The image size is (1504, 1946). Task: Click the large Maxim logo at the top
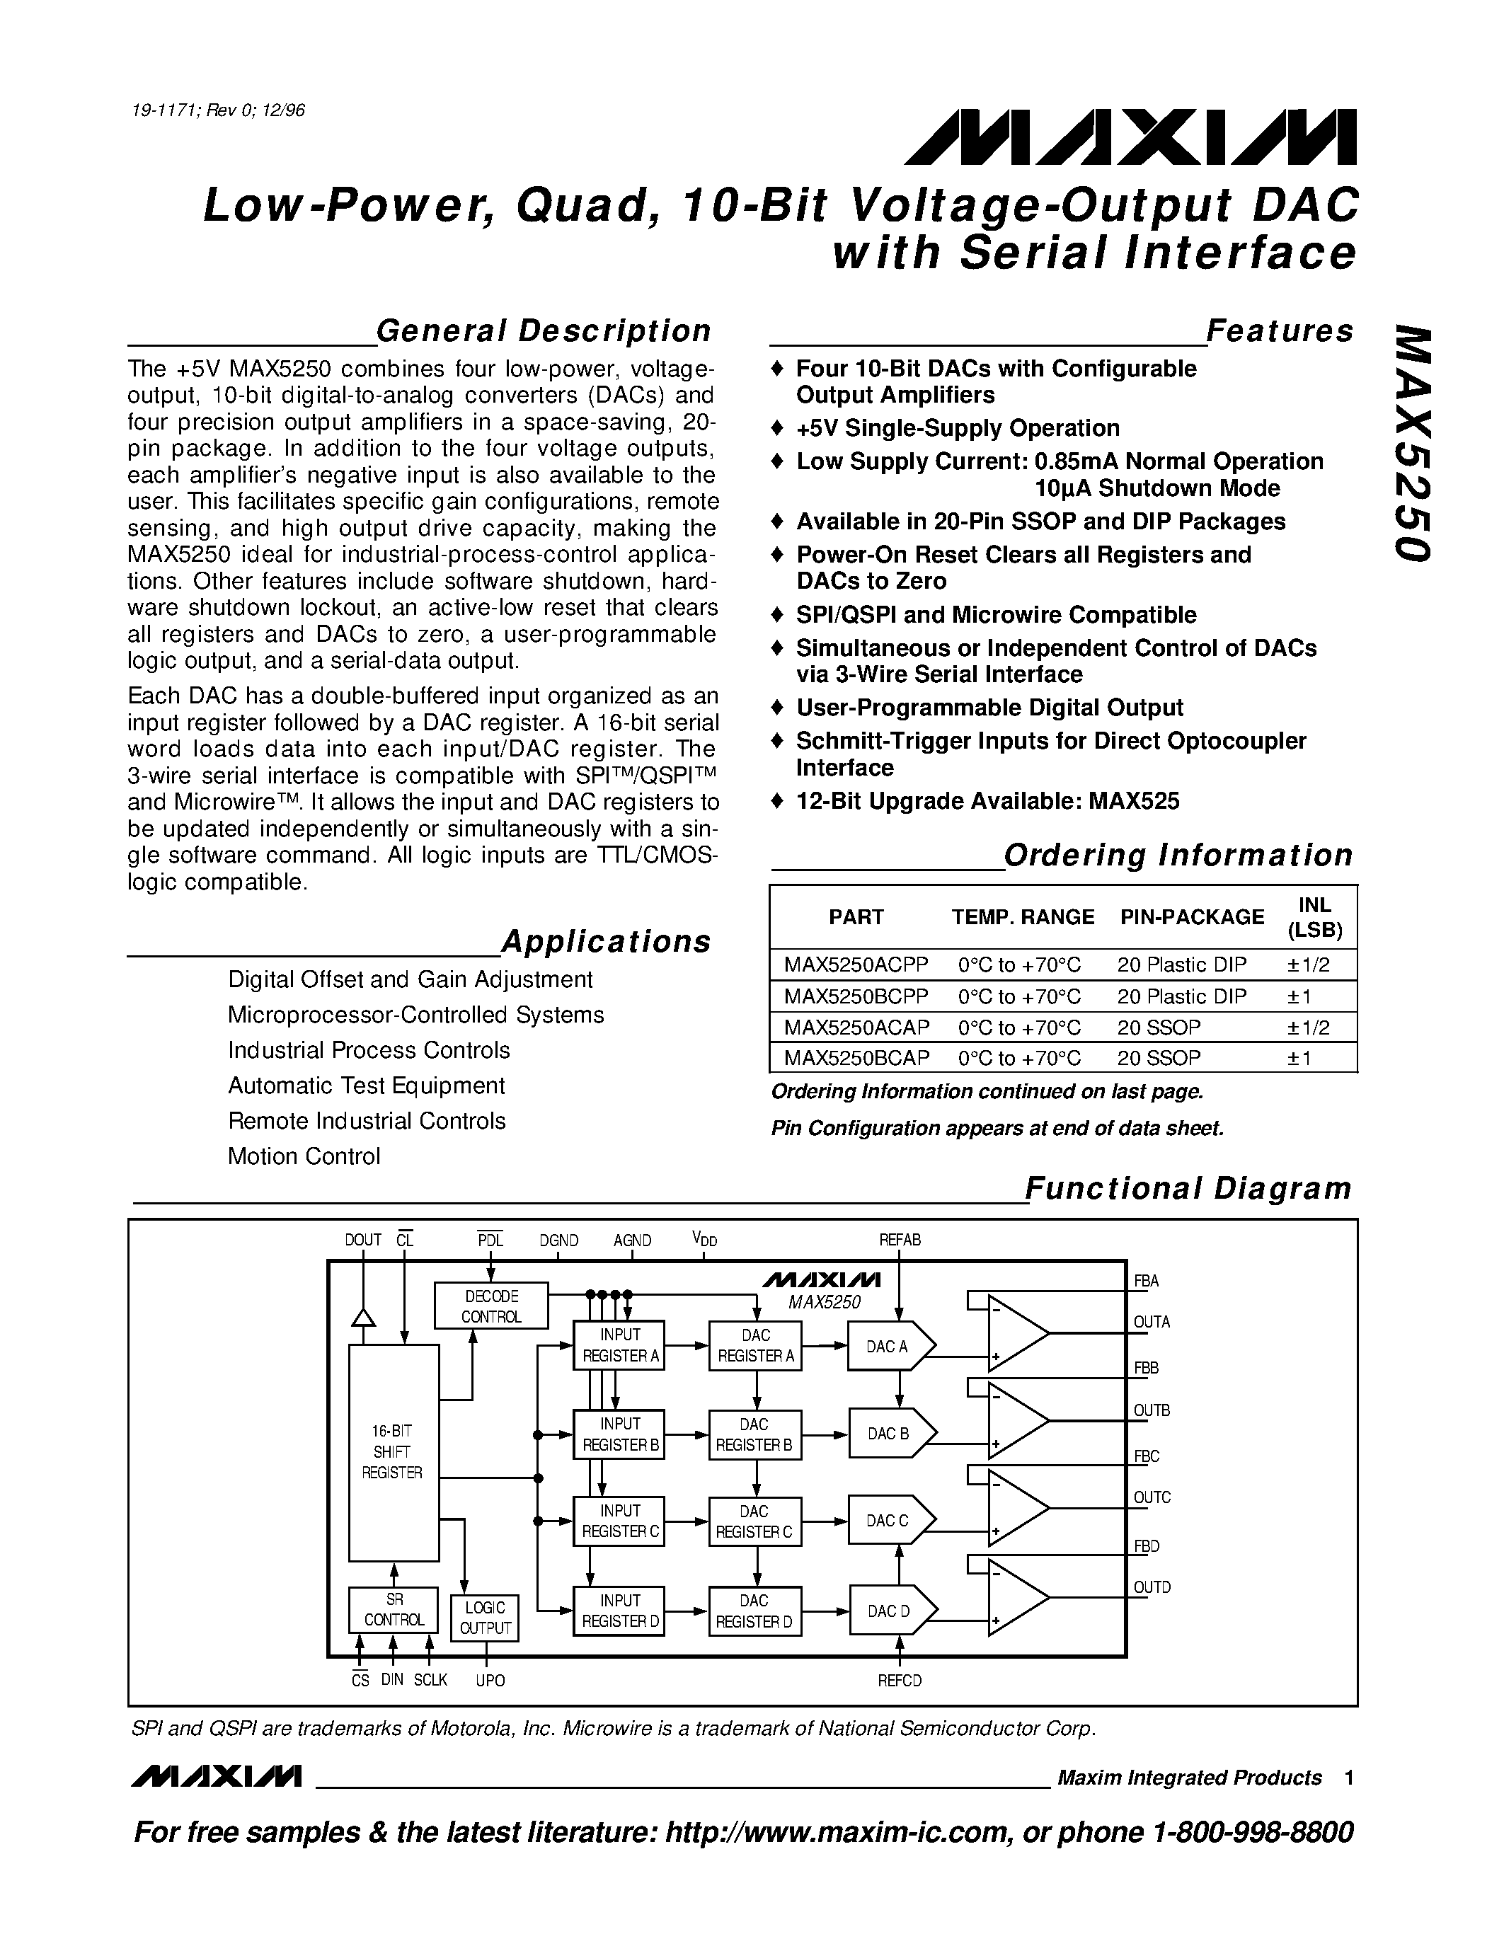coord(1130,138)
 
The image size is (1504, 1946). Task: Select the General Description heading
coord(544,330)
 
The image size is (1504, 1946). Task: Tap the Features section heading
coord(1280,330)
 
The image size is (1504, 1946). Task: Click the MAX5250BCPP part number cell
coord(856,996)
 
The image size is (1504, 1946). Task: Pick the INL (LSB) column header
coord(1315,918)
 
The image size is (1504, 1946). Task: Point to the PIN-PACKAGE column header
coord(1192,917)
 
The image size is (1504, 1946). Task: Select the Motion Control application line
coord(304,1156)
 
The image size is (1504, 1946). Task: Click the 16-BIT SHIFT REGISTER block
coord(393,1452)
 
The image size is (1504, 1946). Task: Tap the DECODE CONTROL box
coord(491,1306)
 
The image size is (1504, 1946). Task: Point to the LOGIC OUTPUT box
coord(485,1618)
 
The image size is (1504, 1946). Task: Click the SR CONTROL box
coord(394,1609)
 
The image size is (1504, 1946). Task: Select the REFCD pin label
coord(900,1681)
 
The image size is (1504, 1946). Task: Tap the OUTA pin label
coord(1151,1323)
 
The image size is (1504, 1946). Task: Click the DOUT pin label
coord(362,1240)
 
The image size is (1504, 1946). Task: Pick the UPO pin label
coord(490,1681)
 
